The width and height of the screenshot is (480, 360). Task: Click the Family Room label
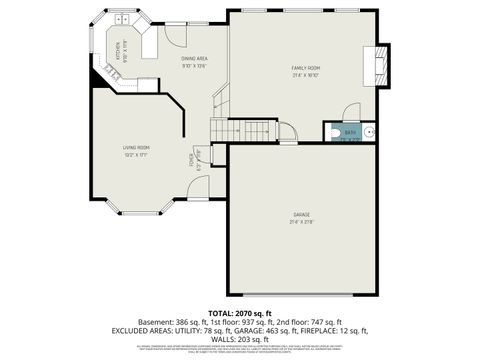pyautogui.click(x=305, y=67)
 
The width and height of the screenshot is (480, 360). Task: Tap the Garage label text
pyautogui.click(x=301, y=214)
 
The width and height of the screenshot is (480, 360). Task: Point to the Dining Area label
pyautogui.click(x=194, y=59)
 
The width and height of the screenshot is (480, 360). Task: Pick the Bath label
pyautogui.click(x=350, y=132)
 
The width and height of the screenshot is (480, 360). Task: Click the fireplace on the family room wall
pyautogui.click(x=378, y=63)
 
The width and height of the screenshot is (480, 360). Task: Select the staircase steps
pyautogui.click(x=240, y=131)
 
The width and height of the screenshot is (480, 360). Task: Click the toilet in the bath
pyautogui.click(x=368, y=130)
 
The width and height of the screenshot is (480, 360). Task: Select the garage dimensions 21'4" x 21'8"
pyautogui.click(x=301, y=222)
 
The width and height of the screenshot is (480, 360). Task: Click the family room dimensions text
pyautogui.click(x=305, y=75)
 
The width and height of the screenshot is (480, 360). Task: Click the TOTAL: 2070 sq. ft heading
pyautogui.click(x=239, y=314)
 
